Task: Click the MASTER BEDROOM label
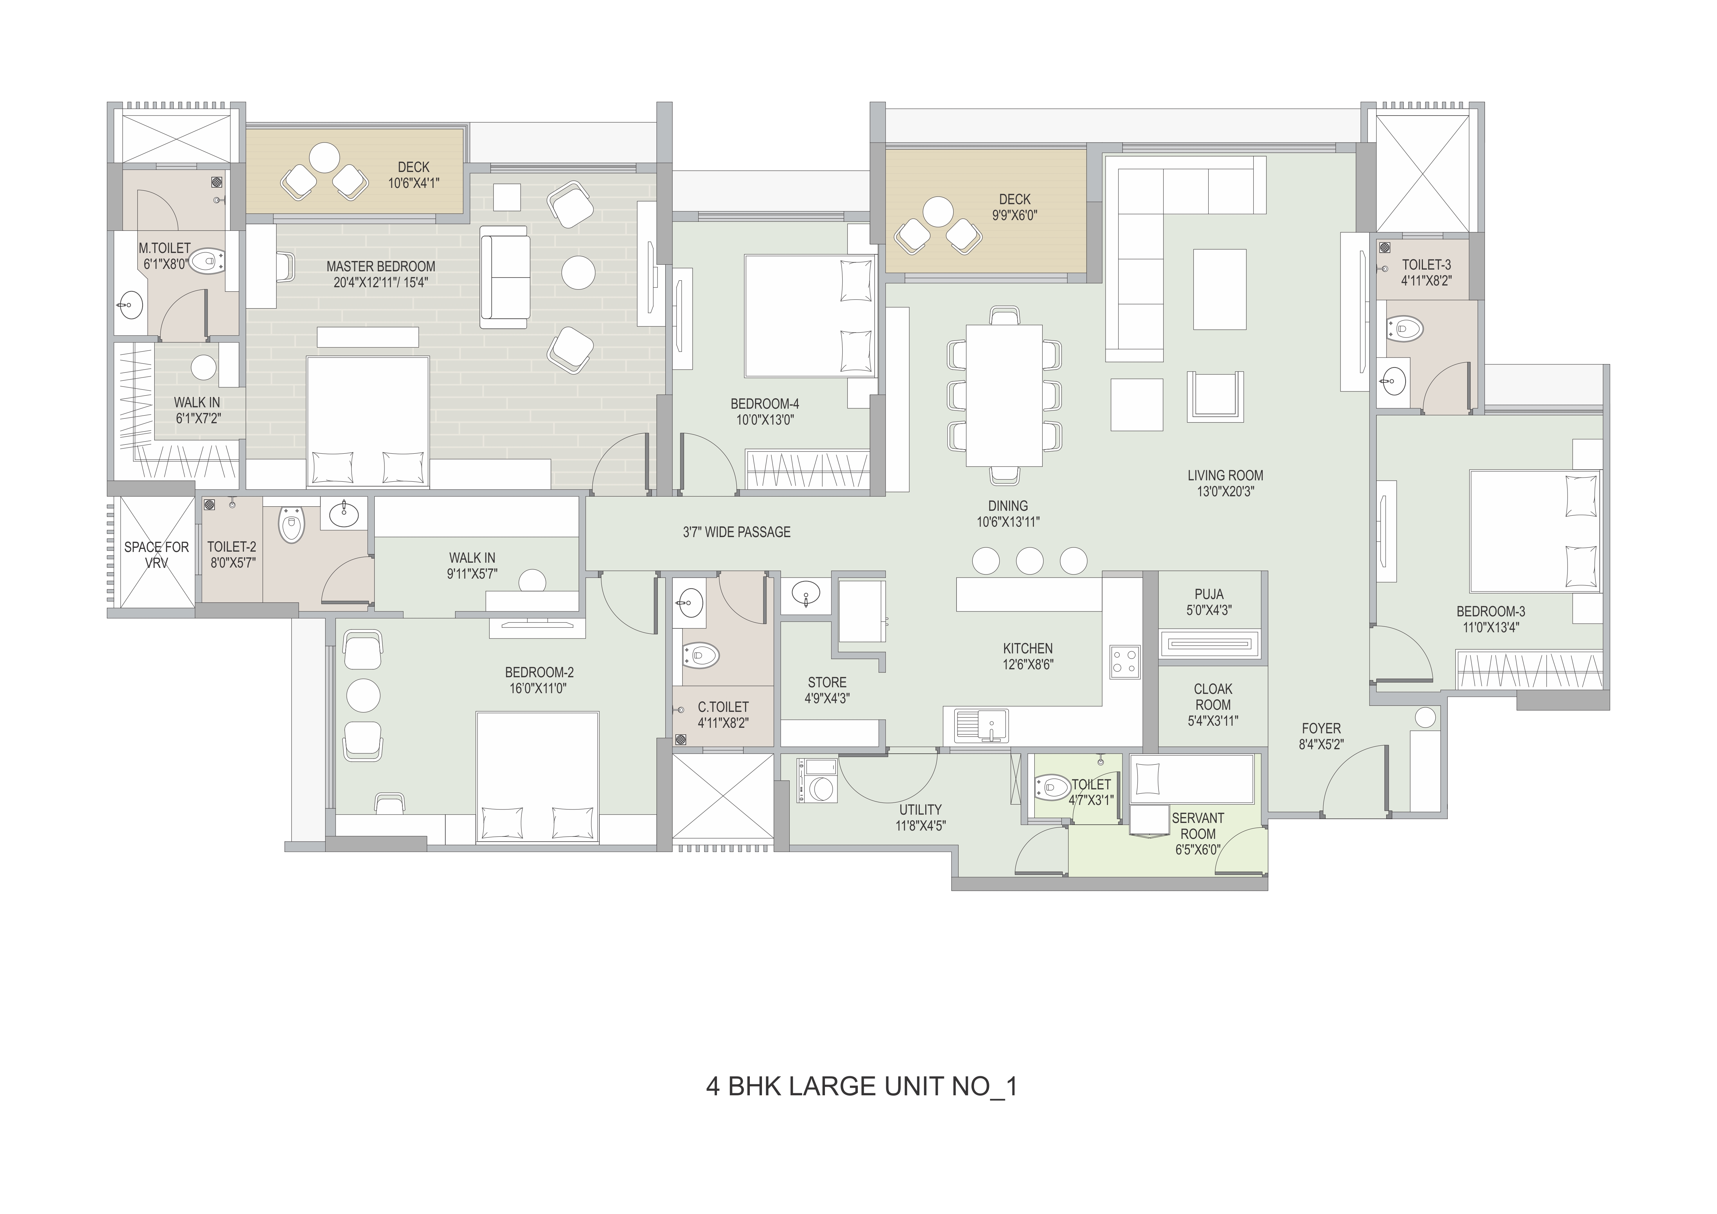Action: click(x=381, y=266)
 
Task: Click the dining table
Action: click(x=1004, y=395)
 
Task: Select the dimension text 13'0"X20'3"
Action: click(x=1225, y=491)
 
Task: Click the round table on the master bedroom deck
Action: click(x=325, y=158)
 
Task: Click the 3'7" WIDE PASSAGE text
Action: click(x=737, y=532)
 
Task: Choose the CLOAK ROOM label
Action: click(x=1213, y=696)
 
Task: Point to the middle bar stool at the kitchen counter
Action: click(x=1030, y=561)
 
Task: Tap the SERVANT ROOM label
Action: click(x=1198, y=826)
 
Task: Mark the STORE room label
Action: click(x=827, y=682)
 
